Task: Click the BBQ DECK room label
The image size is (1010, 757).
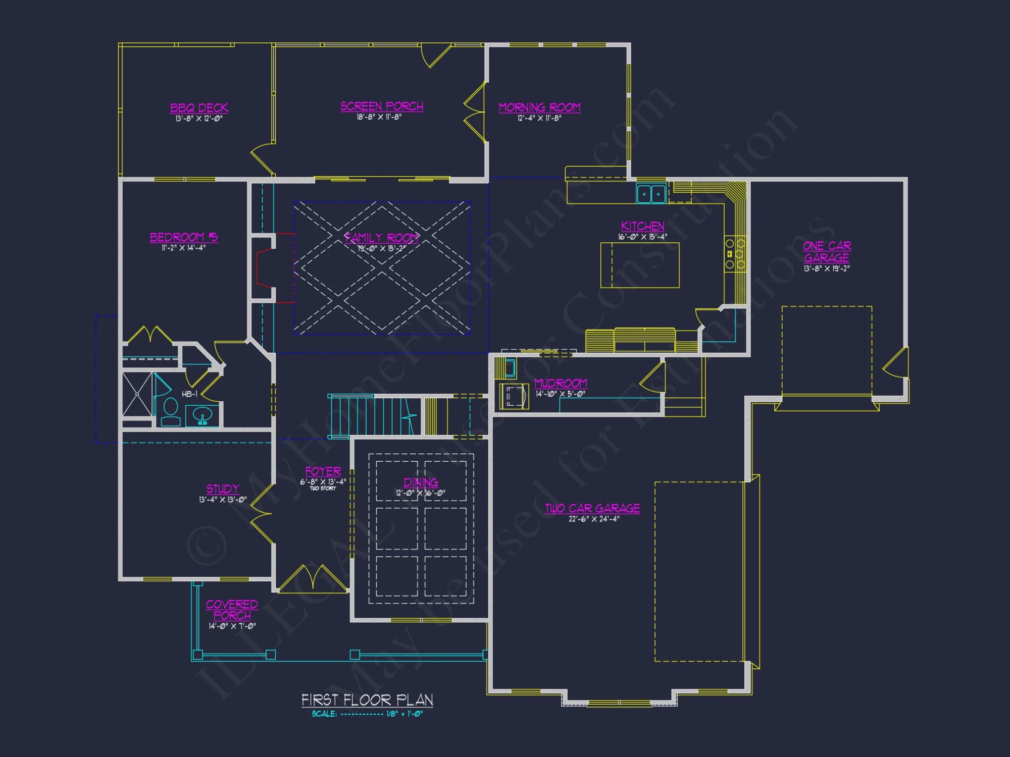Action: coord(199,108)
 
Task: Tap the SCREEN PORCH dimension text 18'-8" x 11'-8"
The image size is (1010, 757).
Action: coord(379,117)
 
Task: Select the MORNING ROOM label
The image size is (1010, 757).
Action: coord(539,107)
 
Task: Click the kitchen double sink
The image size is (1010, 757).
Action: coord(651,194)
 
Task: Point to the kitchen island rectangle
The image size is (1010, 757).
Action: coord(640,265)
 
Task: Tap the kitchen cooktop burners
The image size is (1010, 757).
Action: coord(735,254)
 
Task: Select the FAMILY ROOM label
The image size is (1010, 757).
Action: coord(382,237)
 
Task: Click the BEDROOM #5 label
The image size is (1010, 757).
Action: coord(184,237)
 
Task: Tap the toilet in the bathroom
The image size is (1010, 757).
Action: coord(171,411)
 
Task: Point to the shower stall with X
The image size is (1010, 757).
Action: coord(137,395)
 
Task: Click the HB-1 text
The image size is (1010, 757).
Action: coord(189,394)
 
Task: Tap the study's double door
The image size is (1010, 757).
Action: coord(262,514)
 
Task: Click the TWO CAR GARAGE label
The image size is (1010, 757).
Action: coord(592,508)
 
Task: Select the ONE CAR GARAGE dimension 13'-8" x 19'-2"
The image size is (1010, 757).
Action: coord(827,269)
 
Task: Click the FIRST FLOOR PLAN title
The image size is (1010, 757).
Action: coord(367,700)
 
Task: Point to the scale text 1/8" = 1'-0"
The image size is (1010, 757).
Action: coord(404,714)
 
